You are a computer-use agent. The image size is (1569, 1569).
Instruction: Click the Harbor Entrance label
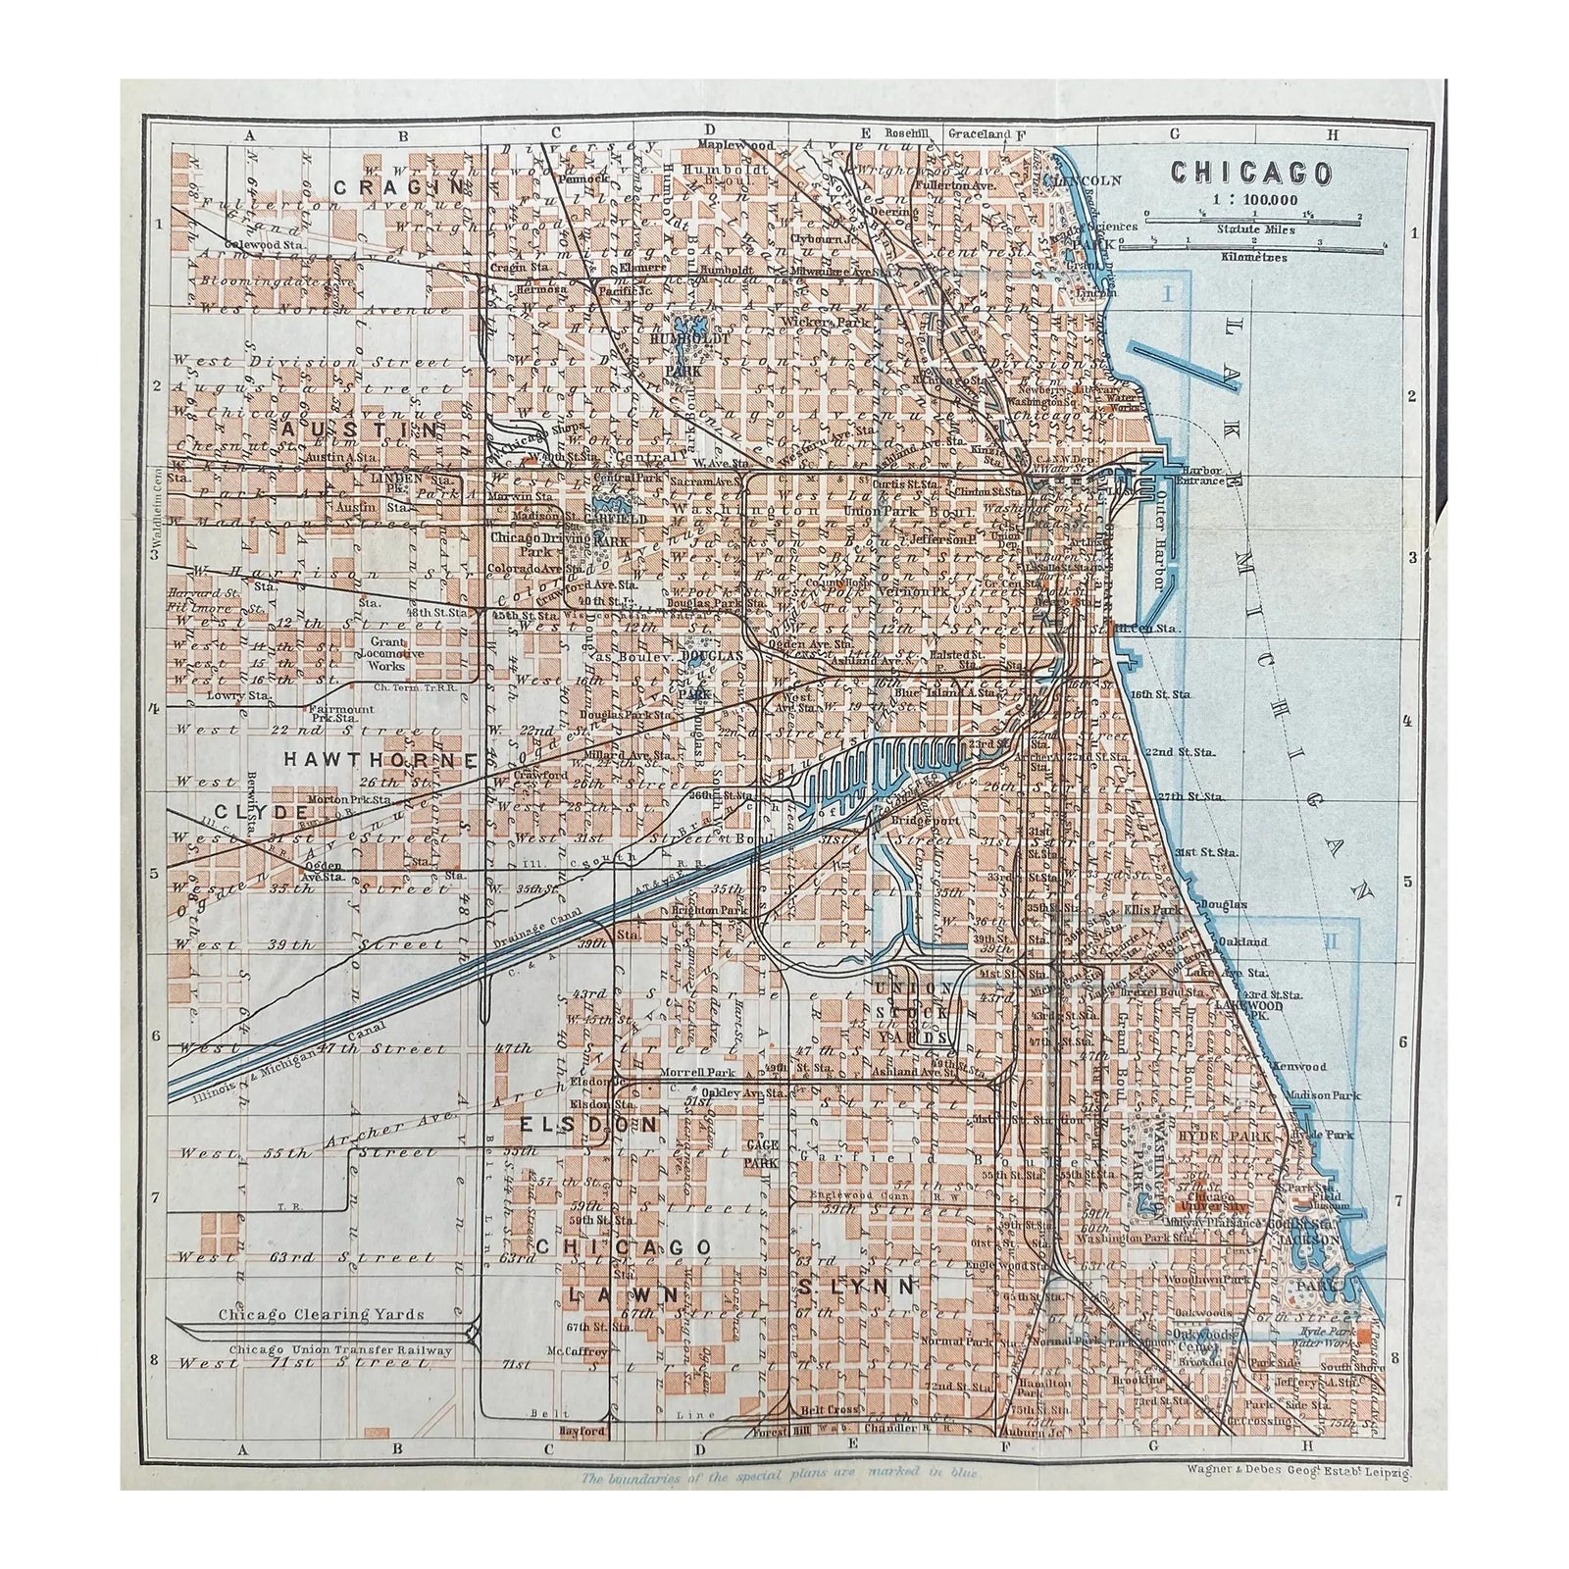(x=1204, y=476)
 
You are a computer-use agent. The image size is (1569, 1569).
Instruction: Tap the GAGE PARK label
(x=761, y=1153)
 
